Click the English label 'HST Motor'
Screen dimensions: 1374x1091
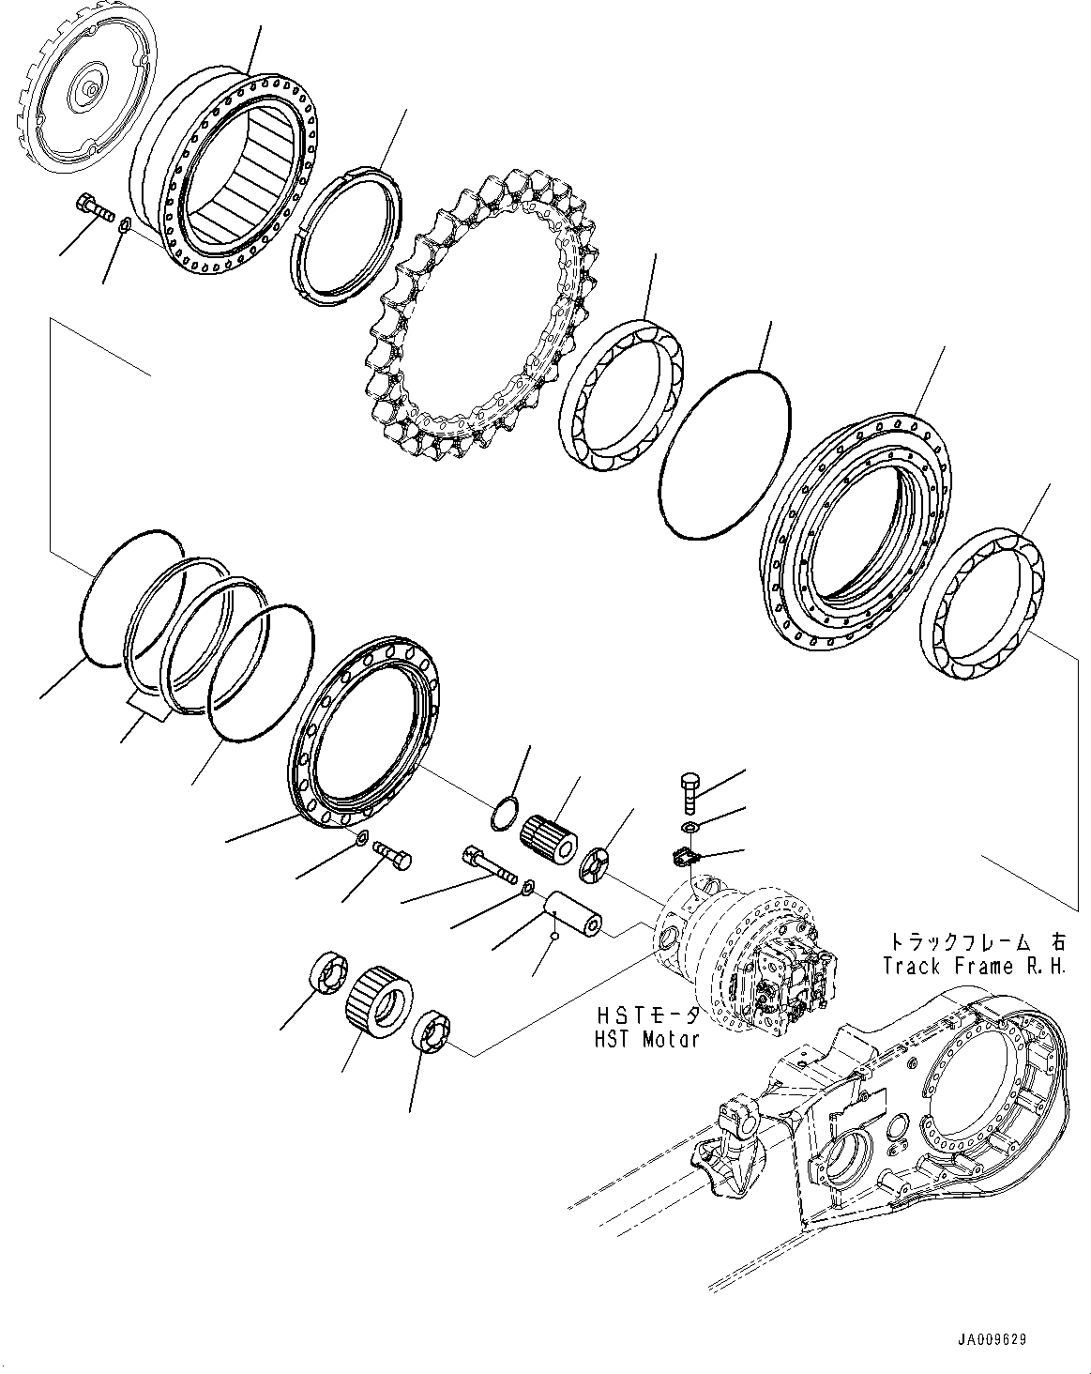pyautogui.click(x=647, y=1039)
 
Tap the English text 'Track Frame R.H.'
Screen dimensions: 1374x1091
pyautogui.click(x=974, y=966)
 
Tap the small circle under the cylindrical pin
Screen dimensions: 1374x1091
pyautogui.click(x=555, y=936)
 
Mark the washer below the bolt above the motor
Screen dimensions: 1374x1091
pyautogui.click(x=689, y=826)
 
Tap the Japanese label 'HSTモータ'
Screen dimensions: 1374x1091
pyautogui.click(x=647, y=1015)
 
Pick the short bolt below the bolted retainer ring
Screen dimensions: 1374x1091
pyautogui.click(x=393, y=854)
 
